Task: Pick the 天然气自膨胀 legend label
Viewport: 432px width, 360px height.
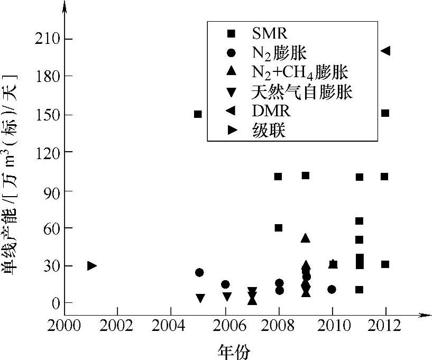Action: pos(302,93)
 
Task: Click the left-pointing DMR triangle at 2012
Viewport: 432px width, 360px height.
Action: pos(385,51)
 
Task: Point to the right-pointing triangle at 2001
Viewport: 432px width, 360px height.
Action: pos(91,265)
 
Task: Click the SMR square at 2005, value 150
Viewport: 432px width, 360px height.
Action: pos(198,114)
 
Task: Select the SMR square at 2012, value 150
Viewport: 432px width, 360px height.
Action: pos(385,113)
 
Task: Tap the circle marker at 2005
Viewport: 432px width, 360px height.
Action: pos(199,272)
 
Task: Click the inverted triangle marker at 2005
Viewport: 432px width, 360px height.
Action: pos(200,298)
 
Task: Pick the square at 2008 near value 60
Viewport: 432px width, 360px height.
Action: pos(278,228)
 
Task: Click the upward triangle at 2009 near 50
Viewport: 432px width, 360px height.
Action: pos(305,238)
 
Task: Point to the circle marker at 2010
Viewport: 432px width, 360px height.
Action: pos(332,289)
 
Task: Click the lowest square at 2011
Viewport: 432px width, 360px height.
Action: pos(359,290)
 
